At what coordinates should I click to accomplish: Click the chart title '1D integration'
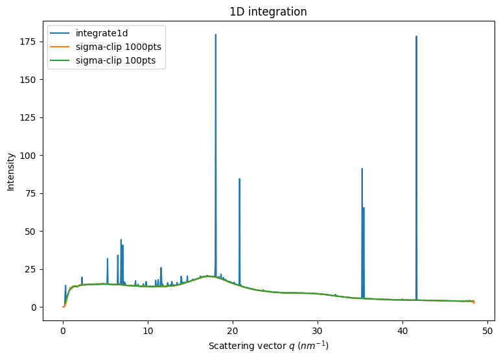point(268,12)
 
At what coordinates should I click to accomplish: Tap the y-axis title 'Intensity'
point(11,171)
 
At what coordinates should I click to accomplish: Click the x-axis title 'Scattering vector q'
point(268,346)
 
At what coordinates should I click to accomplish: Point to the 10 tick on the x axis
point(148,330)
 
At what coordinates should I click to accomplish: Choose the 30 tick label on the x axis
point(318,330)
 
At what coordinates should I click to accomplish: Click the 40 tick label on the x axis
point(402,330)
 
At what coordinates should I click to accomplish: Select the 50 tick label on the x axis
point(487,330)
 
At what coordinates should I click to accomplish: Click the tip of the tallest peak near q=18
point(216,34)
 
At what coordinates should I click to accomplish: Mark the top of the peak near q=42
point(416,36)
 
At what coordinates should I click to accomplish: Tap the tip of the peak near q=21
point(240,179)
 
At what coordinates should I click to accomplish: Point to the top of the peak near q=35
point(362,169)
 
